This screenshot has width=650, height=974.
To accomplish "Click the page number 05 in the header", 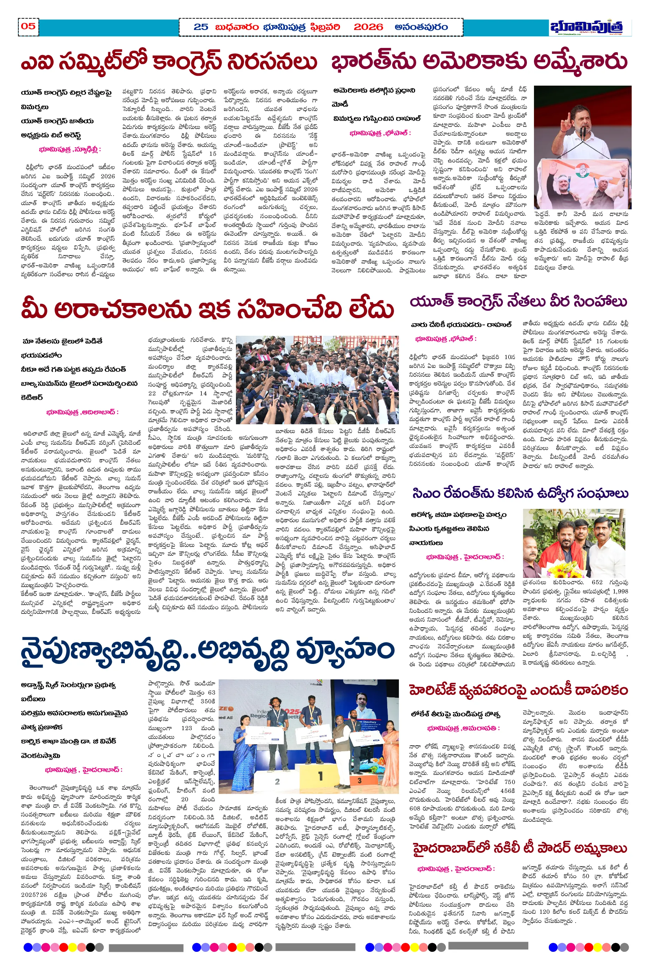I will click(x=28, y=26).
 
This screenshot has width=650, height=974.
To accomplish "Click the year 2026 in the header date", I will click(x=368, y=27).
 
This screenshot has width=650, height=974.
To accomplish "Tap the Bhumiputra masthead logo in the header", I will click(x=586, y=27).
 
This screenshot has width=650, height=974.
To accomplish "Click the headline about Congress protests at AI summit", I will click(x=169, y=62).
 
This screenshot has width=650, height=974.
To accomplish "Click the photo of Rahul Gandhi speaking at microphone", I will click(x=582, y=147).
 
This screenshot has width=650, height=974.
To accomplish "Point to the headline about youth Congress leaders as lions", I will click(x=518, y=302).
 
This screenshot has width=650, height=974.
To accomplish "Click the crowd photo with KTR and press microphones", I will click(x=317, y=380).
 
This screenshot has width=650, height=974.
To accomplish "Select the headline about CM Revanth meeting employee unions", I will click(x=520, y=493).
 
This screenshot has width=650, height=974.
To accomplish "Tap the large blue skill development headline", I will click(x=207, y=650).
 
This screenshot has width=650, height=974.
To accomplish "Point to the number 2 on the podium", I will click(x=277, y=782).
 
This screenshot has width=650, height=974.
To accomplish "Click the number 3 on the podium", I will click(x=359, y=780).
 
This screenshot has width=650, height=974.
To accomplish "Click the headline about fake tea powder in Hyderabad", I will click(x=520, y=848).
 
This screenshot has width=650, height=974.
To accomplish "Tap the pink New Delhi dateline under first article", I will click(x=69, y=149).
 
